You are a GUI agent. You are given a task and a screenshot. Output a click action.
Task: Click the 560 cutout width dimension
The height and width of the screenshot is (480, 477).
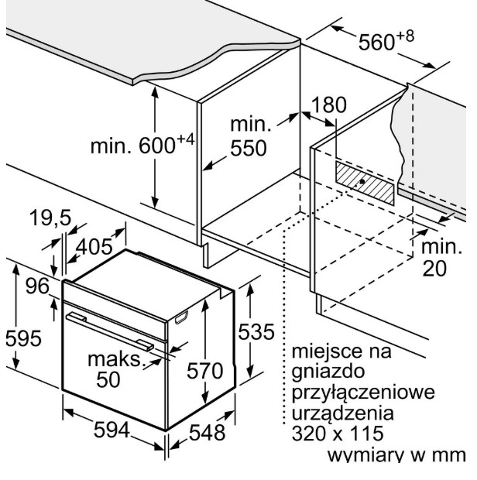click(386, 40)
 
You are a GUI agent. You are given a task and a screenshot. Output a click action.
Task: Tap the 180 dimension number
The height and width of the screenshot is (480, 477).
click(329, 105)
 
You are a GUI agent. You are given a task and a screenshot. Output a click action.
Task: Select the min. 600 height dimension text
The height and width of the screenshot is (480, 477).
click(142, 145)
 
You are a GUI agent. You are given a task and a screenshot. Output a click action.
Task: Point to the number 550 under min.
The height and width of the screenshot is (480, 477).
click(249, 149)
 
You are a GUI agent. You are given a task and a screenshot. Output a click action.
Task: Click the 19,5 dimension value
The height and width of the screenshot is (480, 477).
click(50, 218)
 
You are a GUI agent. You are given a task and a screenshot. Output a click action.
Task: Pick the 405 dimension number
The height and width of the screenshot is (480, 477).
click(94, 247)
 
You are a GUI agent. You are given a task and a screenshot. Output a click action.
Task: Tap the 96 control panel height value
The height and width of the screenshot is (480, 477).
click(37, 286)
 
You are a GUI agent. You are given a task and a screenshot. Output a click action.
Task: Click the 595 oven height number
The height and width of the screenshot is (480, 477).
click(23, 338)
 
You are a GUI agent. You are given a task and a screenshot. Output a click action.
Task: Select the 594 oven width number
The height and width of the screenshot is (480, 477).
click(112, 430)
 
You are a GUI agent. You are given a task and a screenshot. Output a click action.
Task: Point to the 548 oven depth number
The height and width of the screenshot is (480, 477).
click(208, 433)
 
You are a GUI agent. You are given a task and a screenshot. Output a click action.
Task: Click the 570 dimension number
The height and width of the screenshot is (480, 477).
click(205, 371)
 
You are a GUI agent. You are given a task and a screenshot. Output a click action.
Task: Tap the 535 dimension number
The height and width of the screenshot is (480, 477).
click(256, 331)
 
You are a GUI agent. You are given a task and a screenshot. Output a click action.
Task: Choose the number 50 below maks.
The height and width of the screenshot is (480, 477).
click(108, 380)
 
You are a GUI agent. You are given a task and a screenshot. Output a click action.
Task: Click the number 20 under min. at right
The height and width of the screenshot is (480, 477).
click(434, 269)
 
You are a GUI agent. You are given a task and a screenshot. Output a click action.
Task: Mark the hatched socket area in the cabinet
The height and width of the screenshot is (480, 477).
click(365, 183)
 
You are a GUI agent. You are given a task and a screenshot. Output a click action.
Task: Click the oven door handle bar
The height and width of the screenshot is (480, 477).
click(110, 331)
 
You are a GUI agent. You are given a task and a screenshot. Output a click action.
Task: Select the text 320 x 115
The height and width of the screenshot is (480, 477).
click(338, 434)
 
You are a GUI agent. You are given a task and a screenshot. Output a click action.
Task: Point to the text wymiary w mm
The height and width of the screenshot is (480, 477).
click(396, 455)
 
